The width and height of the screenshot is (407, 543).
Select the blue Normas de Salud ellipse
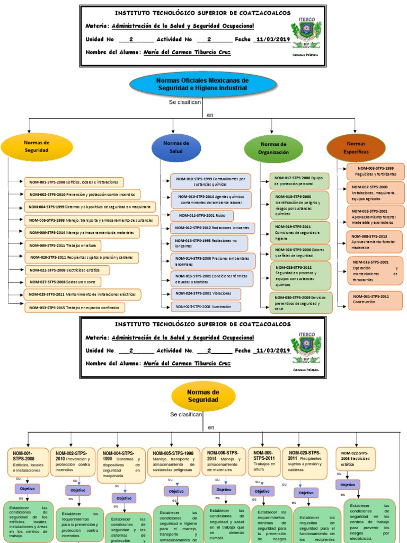pyautogui.click(x=176, y=147)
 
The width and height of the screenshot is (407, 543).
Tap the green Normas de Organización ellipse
pyautogui.click(x=273, y=148)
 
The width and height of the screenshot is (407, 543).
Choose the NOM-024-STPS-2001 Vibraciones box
pyautogui.click(x=205, y=293)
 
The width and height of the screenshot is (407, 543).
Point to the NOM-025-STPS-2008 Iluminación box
pyautogui.click(x=205, y=306)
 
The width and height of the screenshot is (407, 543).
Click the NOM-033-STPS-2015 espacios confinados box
pyautogui.click(x=75, y=307)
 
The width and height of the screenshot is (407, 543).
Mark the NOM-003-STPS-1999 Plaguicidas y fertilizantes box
pyautogui.click(x=375, y=171)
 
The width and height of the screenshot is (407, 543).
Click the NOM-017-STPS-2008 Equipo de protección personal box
pyautogui.click(x=299, y=181)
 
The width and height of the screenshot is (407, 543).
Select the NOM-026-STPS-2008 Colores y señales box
pyautogui.click(x=299, y=252)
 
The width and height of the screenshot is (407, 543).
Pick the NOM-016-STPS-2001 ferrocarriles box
pyautogui.click(x=375, y=270)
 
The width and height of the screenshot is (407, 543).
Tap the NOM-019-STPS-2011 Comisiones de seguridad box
pyautogui.click(x=299, y=232)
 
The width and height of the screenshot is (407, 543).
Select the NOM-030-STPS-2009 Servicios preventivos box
pyautogui.click(x=299, y=302)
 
